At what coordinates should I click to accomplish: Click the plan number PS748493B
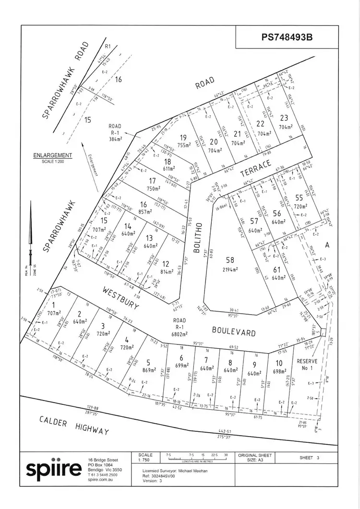(287, 37)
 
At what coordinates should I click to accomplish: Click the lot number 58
(230, 260)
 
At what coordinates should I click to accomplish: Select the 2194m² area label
(230, 270)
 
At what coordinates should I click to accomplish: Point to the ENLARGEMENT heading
(53, 155)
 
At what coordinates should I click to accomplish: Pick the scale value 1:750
(145, 460)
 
